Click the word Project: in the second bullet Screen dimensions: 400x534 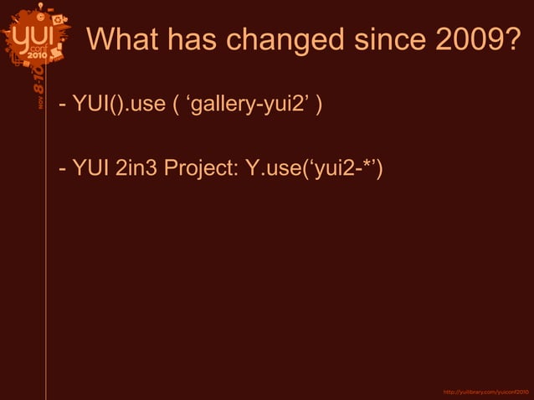click(x=200, y=170)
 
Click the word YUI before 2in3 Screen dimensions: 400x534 click(x=90, y=169)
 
